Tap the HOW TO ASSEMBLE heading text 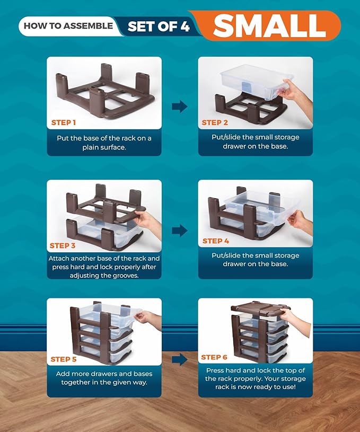click(x=68, y=25)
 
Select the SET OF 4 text click(x=159, y=26)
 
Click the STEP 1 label click(x=64, y=122)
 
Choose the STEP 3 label click(x=63, y=246)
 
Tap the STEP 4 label click(x=216, y=241)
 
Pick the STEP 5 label click(x=64, y=359)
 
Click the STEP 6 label click(x=214, y=357)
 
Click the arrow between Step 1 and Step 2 click(x=180, y=106)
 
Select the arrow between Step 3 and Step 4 click(x=180, y=230)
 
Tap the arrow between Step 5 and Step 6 click(x=180, y=359)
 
